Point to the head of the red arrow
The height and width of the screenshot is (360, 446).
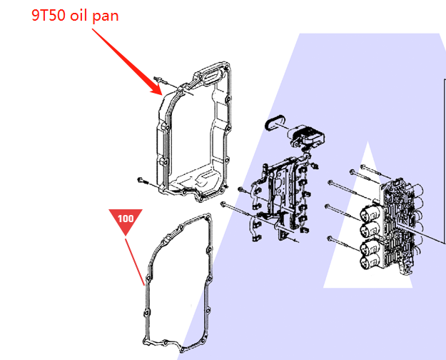click(x=161, y=93)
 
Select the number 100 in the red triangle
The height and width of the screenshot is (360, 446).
click(x=126, y=218)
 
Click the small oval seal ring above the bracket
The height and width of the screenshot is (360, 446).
click(x=274, y=123)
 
